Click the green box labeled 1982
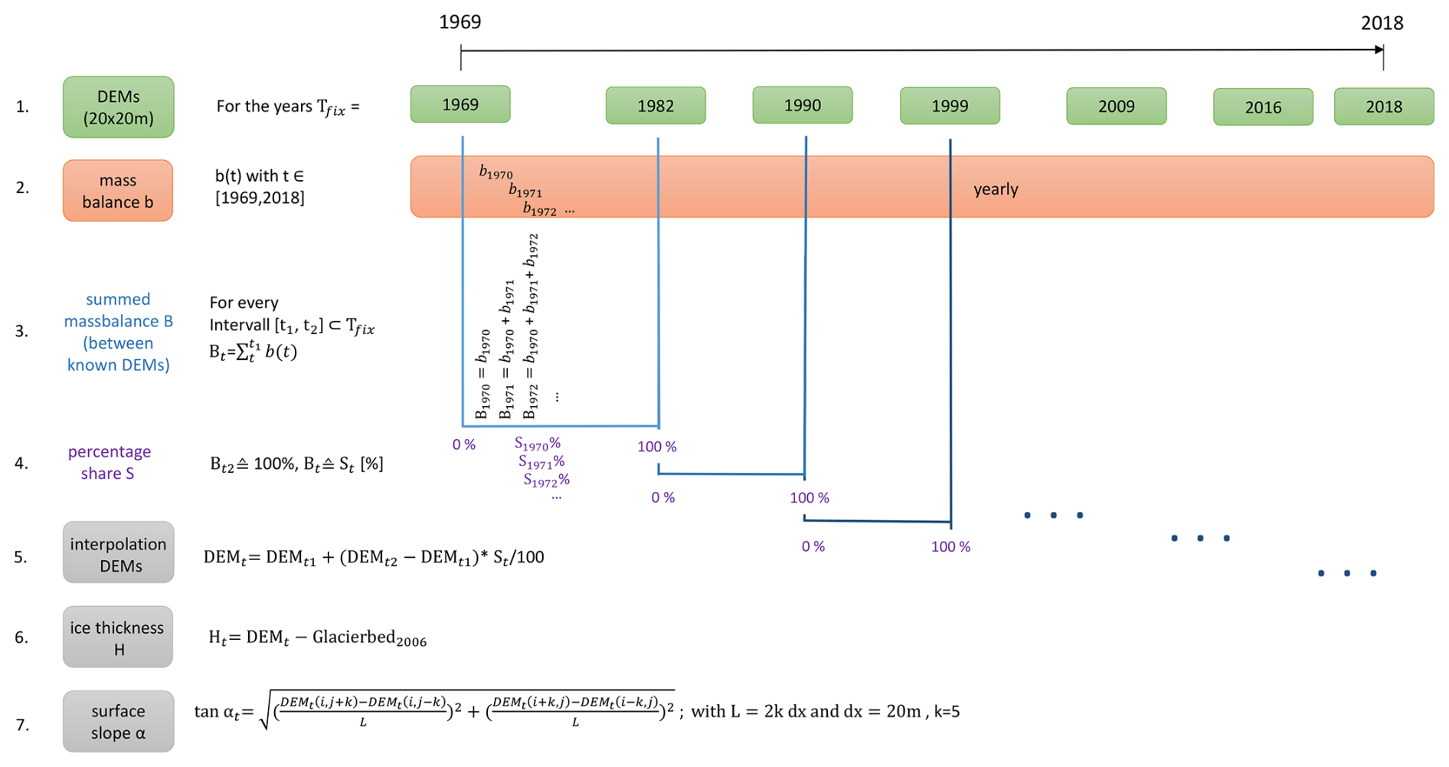point(655,106)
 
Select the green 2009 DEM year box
point(1116,107)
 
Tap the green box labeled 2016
point(1262,107)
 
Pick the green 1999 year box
point(949,106)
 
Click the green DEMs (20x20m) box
point(118,107)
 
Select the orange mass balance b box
point(118,191)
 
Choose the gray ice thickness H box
point(118,638)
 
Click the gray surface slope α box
point(118,722)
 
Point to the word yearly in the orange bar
point(996,189)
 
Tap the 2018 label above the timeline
point(1382,24)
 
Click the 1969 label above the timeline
point(460,22)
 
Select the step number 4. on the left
point(21,463)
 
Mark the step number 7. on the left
point(23,725)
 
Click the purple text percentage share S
point(109,462)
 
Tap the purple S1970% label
point(537,444)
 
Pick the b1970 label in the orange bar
point(496,172)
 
